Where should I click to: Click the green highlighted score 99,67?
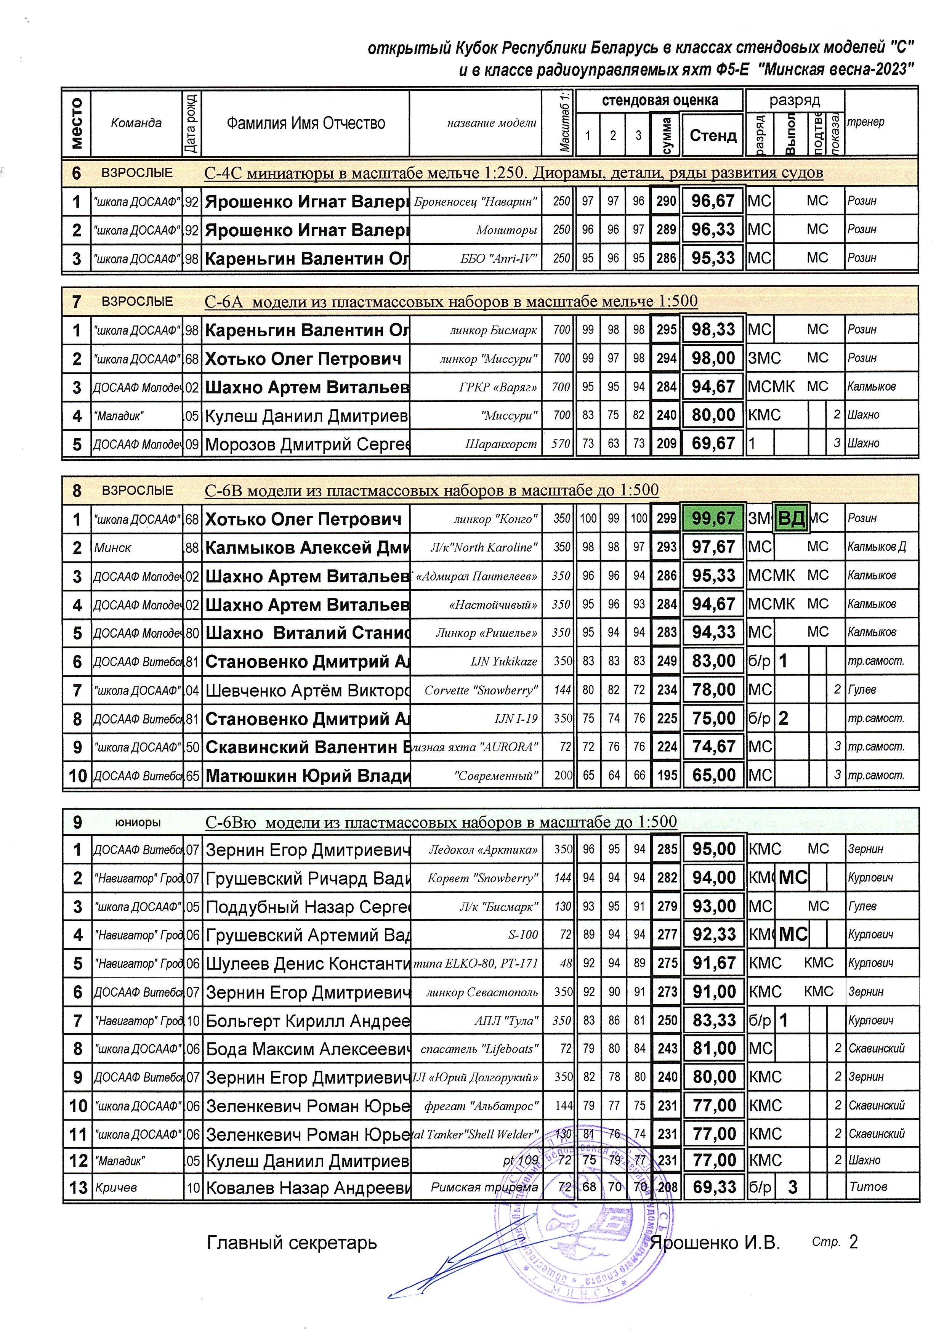coord(713,518)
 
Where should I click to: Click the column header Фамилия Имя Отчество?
coord(305,123)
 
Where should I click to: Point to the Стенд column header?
coord(713,135)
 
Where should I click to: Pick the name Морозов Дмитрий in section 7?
coord(307,444)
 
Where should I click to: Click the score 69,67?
coord(713,444)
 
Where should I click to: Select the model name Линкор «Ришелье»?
coord(487,632)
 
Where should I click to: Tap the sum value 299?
coord(667,518)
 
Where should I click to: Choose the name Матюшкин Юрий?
coord(307,775)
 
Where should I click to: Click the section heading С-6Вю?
coord(441,822)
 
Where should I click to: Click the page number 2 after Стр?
coord(853,1242)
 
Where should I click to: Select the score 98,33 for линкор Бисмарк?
coord(713,330)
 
